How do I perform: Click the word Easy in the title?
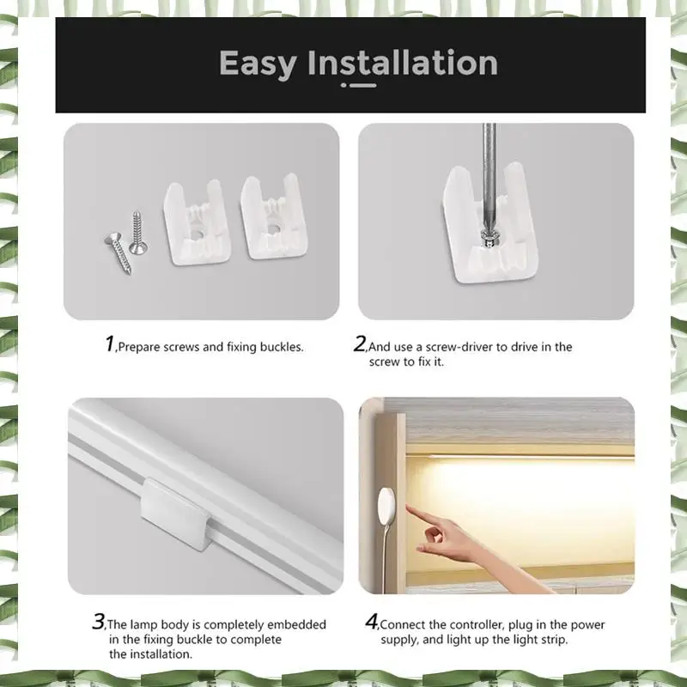click(x=258, y=64)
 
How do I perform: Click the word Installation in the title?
click(x=403, y=62)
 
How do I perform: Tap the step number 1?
click(x=110, y=343)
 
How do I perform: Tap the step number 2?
click(x=359, y=343)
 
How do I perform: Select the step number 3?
click(x=99, y=621)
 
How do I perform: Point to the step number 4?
click(x=372, y=621)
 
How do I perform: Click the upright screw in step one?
click(x=138, y=234)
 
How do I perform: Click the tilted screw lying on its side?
click(x=119, y=253)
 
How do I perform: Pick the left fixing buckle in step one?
click(x=198, y=222)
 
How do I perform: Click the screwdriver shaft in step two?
click(x=489, y=175)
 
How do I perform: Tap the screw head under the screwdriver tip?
click(x=489, y=238)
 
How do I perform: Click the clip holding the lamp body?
click(x=175, y=514)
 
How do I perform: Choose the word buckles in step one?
click(x=282, y=347)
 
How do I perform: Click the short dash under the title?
click(x=362, y=85)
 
